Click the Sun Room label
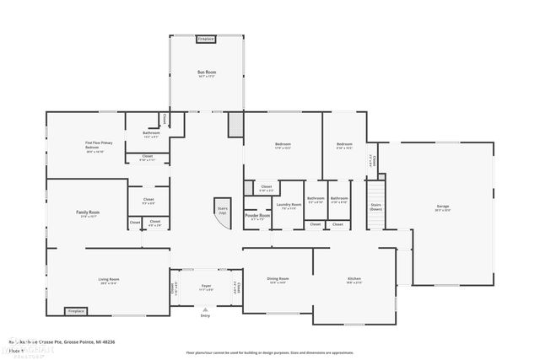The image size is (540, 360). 207,74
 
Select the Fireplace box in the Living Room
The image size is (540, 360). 77,310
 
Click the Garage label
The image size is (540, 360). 443,207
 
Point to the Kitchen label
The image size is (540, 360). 354,279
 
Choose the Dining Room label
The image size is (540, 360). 278,279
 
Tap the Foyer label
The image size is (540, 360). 205,287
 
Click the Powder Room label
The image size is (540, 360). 258,216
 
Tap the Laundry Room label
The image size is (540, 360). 289,205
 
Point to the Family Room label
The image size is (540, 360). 89,213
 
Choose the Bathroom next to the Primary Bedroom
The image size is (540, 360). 151,134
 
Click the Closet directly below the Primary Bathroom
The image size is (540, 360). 148,157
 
